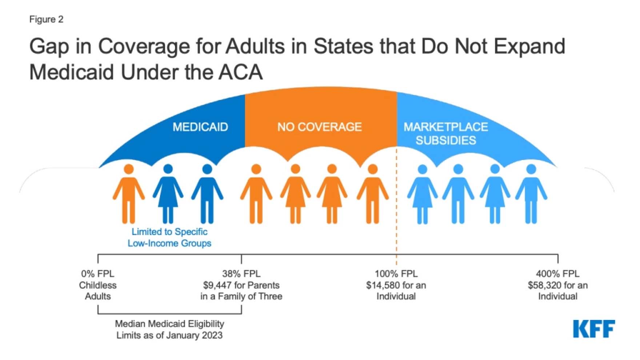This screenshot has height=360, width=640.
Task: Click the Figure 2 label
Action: (46, 19)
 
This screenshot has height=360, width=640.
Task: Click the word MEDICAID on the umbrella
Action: (200, 127)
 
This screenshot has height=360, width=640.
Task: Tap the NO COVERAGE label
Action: (319, 127)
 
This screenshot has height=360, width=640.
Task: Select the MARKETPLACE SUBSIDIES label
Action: (445, 133)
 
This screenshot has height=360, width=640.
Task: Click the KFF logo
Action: (594, 329)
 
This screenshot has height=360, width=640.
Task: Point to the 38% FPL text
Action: (241, 273)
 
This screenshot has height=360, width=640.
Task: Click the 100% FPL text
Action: (396, 273)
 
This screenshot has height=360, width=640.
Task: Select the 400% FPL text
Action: (557, 273)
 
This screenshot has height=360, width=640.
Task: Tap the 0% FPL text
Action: (97, 273)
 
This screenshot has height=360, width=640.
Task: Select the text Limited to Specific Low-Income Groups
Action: (169, 237)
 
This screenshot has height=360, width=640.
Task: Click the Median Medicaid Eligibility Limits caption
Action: (169, 329)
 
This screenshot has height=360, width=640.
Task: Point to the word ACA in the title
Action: (240, 72)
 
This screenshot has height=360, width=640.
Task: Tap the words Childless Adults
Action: (97, 291)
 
